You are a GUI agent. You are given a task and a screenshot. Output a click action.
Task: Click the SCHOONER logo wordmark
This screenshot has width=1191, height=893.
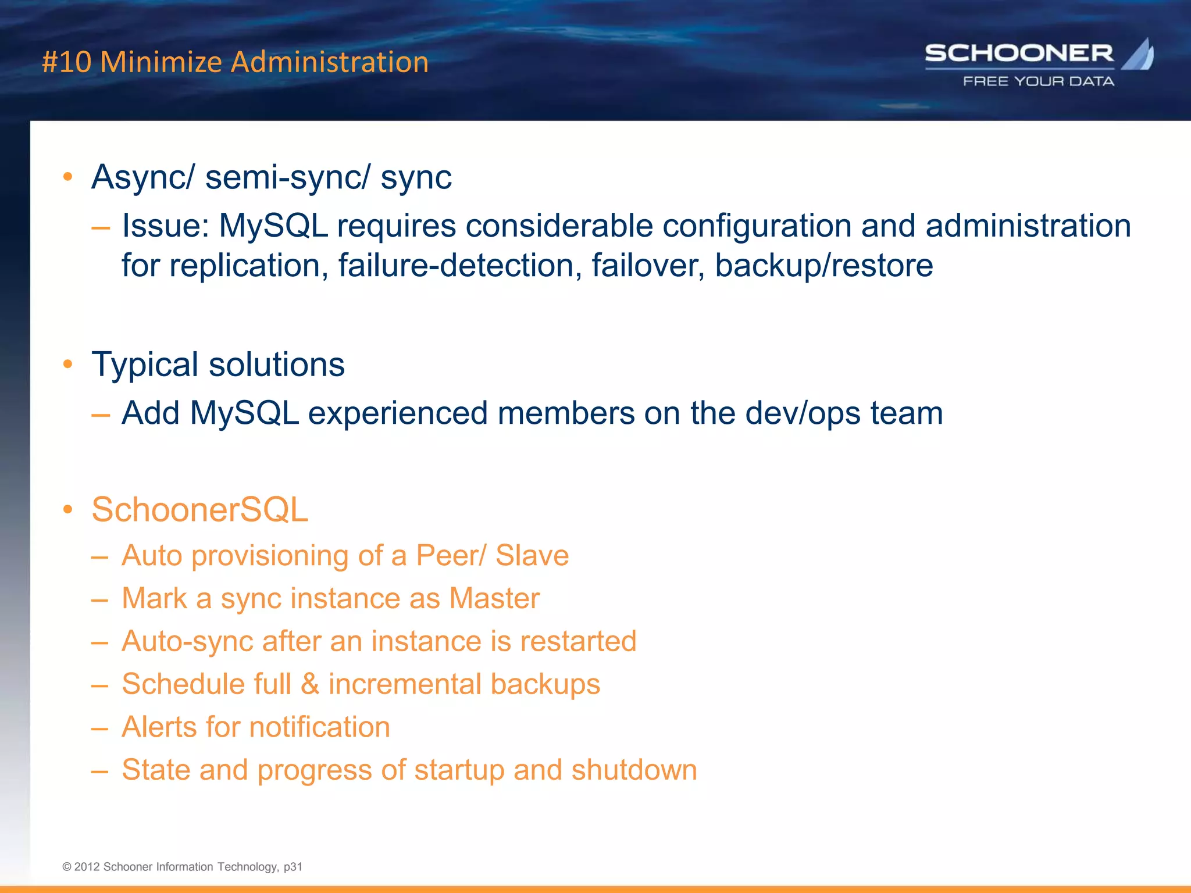point(1019,53)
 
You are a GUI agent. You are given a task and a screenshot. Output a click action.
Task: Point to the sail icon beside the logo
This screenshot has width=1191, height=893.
point(1139,55)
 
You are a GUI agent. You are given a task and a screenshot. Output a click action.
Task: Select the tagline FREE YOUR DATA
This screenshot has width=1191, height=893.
point(1039,81)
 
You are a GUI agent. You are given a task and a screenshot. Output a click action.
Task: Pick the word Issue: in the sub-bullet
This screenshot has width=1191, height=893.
point(165,226)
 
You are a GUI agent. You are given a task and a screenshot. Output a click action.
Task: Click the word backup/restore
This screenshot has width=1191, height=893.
point(823,266)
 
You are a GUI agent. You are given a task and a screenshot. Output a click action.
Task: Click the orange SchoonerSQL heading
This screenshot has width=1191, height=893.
point(199,510)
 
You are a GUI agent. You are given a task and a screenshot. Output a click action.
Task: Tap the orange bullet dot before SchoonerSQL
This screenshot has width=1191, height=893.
point(68,510)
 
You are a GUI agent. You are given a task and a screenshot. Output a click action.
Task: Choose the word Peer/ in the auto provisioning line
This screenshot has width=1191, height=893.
point(451,555)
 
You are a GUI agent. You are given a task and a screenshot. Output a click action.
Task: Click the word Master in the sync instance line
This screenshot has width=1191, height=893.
point(494,598)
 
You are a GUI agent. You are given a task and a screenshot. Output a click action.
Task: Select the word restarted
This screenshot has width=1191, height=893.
point(578,641)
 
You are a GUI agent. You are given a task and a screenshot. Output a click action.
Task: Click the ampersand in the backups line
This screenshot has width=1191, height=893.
point(310,684)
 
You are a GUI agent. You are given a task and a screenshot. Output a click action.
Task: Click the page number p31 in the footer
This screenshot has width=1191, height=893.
point(293,867)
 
